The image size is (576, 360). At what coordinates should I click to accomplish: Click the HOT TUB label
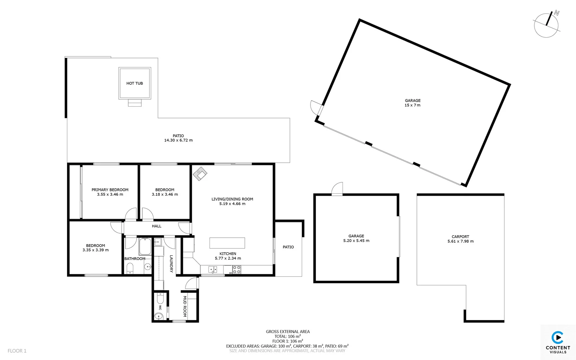135,83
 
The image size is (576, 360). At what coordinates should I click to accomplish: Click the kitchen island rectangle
227,243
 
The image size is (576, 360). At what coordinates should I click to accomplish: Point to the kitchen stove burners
237,270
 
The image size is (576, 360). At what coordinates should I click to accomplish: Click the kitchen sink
213,269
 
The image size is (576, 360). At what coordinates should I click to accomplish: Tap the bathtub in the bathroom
145,247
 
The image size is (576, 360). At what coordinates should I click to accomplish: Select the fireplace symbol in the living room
200,174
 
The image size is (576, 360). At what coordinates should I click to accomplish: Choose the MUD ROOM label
185,306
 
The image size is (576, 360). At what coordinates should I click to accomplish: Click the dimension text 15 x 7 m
412,105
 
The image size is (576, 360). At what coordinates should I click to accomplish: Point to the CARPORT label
460,237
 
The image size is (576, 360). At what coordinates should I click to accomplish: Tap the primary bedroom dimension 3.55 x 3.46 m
110,194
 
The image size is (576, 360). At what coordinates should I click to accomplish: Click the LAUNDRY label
171,264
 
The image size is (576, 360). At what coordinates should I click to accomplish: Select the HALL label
157,226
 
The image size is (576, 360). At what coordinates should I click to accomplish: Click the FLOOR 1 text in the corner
17,351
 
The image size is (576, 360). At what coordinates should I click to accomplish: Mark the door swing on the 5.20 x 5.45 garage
338,189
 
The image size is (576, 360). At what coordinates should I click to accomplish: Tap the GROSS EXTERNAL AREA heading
288,332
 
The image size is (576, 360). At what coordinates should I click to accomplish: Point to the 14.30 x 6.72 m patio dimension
178,140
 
